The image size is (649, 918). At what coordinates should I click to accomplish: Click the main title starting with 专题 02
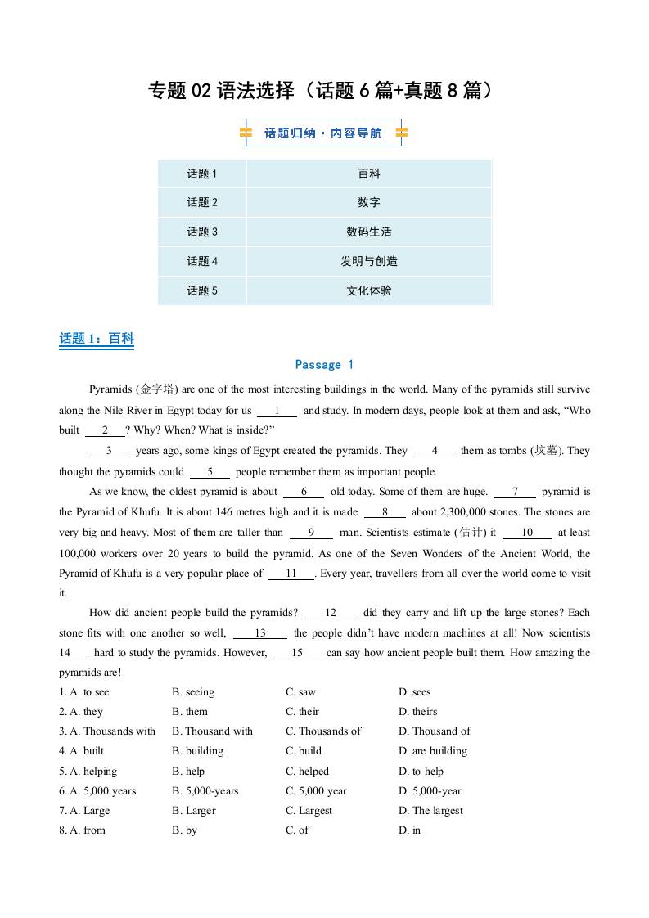pos(323,91)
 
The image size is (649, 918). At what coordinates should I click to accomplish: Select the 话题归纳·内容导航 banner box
pos(323,133)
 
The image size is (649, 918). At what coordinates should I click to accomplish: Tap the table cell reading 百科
pos(368,173)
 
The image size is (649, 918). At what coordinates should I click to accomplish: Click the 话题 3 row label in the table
pos(202,232)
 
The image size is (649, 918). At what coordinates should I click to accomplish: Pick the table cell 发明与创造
pos(368,261)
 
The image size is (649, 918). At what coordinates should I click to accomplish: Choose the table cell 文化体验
pos(368,290)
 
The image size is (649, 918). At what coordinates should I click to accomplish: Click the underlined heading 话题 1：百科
pos(97,339)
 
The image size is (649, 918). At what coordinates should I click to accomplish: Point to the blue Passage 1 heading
pos(324,365)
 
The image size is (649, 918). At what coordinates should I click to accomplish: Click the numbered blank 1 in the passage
pos(277,411)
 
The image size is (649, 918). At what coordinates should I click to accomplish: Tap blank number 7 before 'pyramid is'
pos(515,492)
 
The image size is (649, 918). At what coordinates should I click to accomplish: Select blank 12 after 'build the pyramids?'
pos(331,613)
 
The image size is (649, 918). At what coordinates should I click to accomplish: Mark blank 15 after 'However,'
pos(296,653)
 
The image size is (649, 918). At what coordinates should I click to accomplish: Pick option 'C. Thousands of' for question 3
pos(323,731)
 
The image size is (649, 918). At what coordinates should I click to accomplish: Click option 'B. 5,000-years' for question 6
pos(205,791)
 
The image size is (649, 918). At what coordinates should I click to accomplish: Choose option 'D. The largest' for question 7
pos(430,811)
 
